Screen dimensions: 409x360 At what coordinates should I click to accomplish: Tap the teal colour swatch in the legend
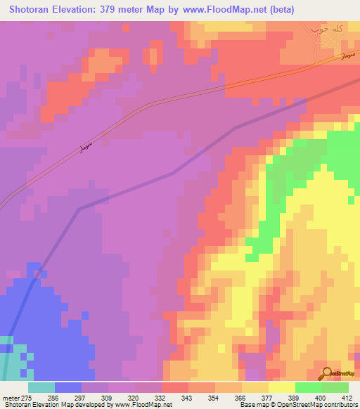pyautogui.click(x=41, y=387)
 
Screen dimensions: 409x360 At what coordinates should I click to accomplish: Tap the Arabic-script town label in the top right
pyautogui.click(x=327, y=30)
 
